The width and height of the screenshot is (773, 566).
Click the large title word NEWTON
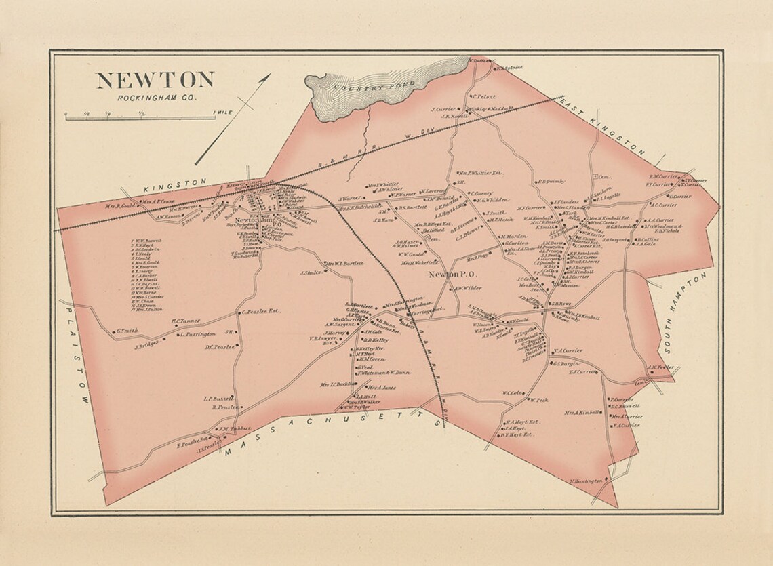[155, 80]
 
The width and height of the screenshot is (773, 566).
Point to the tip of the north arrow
[270, 74]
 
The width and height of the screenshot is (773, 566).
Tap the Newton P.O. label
[454, 275]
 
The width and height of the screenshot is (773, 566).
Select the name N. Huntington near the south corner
[587, 480]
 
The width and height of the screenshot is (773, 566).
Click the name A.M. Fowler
[661, 368]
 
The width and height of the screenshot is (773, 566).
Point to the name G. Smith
[127, 331]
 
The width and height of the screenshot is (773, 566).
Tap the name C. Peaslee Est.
[261, 312]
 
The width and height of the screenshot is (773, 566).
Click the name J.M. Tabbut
[235, 428]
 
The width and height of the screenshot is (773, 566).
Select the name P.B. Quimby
[551, 181]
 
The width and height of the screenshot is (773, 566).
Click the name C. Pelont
[484, 96]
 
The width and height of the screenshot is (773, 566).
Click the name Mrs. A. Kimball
[582, 411]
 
